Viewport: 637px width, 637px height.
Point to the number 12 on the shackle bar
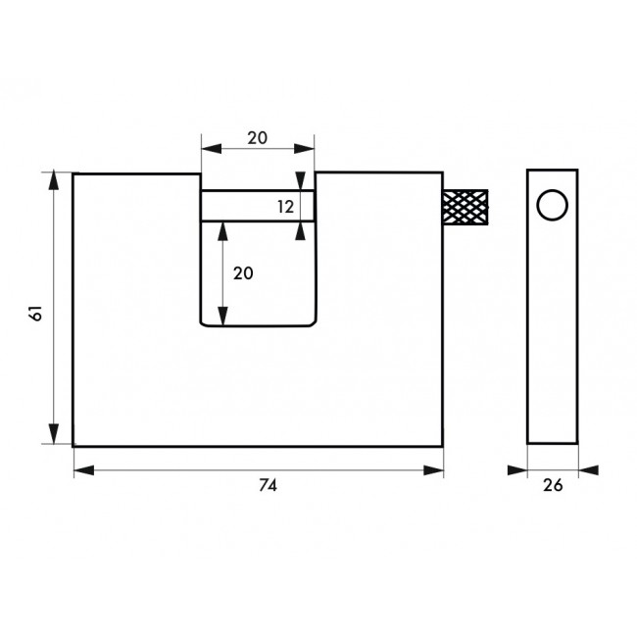[x=285, y=207]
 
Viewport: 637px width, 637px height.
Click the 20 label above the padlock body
[x=258, y=138]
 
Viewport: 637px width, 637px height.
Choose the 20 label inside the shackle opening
[x=243, y=273]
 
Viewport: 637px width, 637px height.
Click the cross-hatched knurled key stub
[x=465, y=207]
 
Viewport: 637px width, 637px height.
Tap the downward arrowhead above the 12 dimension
[x=301, y=182]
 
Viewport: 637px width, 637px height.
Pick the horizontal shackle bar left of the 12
[x=235, y=206]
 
